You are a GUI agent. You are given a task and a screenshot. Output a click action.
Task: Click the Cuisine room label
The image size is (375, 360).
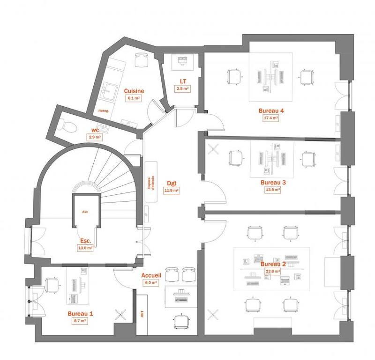pos(134,91)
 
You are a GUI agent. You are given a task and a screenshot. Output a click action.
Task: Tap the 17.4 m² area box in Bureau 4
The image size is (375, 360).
pos(272,118)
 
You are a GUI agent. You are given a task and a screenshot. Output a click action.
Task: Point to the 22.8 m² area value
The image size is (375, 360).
pos(271,271)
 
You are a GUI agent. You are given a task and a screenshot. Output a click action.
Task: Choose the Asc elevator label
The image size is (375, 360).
pos(85,211)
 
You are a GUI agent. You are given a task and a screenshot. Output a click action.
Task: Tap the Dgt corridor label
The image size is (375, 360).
pos(172,184)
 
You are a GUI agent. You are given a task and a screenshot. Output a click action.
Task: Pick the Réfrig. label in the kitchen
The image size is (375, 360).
pos(103,110)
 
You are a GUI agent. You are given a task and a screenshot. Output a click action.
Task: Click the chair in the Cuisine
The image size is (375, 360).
pos(142,60)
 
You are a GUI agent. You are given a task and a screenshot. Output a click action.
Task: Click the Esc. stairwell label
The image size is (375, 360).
pos(84,242)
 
